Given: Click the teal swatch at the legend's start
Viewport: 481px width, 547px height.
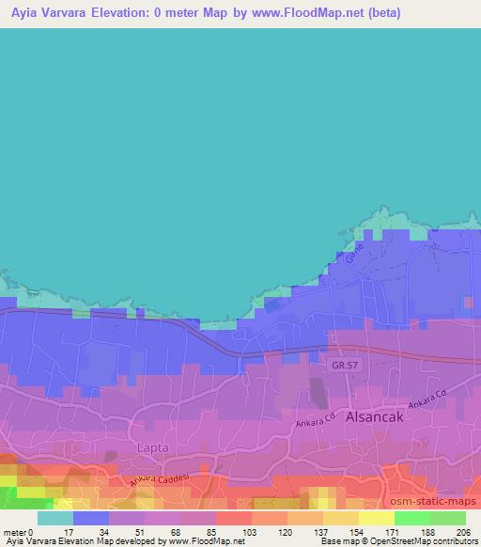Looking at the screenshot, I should click(55, 518).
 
